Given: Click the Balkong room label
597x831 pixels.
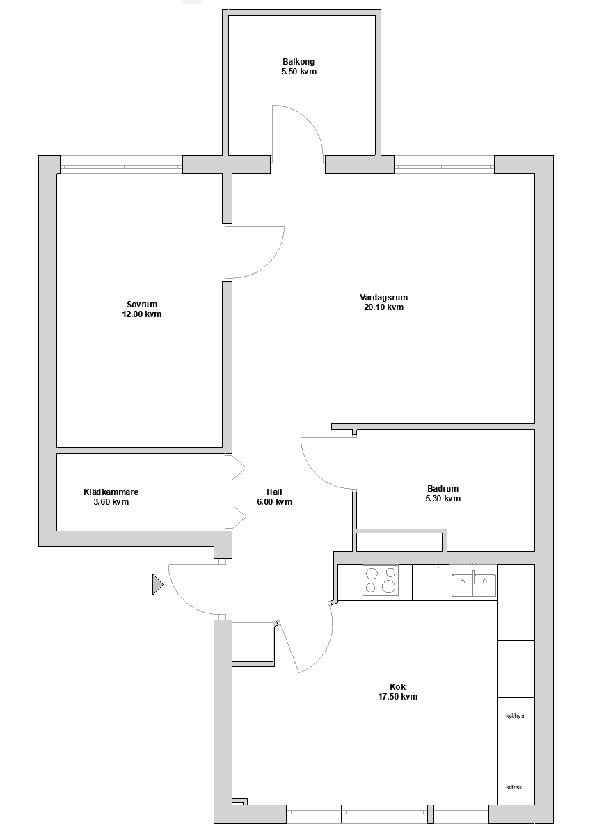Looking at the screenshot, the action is pos(298,62).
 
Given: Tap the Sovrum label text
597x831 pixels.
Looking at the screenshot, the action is pos(142,304).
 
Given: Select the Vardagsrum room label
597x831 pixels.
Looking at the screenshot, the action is pos(384,298).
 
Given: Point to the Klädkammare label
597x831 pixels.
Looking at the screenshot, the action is pos(111,492).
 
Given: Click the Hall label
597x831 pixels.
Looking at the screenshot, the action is pos(275,492).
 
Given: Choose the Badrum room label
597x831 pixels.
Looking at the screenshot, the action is pos(443,489).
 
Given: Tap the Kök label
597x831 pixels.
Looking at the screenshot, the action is pos(397,687).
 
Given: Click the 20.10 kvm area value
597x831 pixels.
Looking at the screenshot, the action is pos(384,307).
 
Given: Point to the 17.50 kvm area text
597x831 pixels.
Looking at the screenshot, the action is pos(397,697).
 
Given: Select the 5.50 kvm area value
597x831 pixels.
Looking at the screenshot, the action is pos(299,72).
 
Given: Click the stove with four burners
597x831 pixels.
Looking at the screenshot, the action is pos(381,581).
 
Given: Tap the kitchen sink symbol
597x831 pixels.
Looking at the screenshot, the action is pos(474,585).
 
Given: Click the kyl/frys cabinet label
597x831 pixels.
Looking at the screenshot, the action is pos(515,716).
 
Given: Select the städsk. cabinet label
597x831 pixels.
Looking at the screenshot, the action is pos(515,788).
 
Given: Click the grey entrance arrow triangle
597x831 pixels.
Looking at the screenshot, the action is pos(157,585).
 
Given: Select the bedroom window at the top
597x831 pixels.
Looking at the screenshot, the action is pos(121,166).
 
